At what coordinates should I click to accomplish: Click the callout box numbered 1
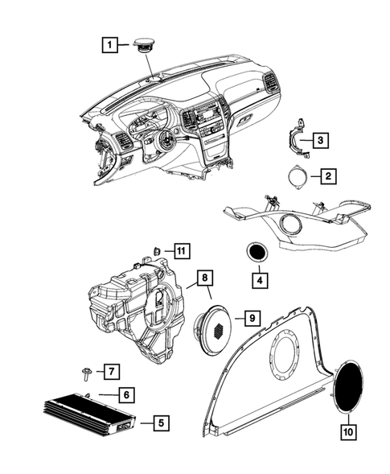pos(109,45)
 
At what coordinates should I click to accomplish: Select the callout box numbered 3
pos(320,140)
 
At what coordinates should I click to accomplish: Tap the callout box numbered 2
pos(328,176)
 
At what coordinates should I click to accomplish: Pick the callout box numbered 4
pos(260,280)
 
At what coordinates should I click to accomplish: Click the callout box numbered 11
pos(183,251)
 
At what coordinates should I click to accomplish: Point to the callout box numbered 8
pos(205,278)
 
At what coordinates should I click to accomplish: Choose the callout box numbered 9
pos(252,318)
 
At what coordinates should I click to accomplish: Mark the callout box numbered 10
pos(348,432)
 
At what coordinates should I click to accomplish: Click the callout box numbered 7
pos(112,371)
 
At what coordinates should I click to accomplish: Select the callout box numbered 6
pos(126,394)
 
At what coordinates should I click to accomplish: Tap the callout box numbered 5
pos(161,423)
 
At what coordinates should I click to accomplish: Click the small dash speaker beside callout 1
pos(145,45)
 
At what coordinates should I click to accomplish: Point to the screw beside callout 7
pos(86,373)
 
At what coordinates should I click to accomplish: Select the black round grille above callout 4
pos(257,252)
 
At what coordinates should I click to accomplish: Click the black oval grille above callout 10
pos(349,386)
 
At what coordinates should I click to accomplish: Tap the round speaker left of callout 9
pos(213,330)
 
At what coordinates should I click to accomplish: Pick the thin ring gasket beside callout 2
pos(298,177)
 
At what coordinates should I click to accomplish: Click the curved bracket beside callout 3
pos(296,138)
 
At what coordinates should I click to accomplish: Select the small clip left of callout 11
pos(157,250)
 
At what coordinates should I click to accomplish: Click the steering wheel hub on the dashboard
pos(166,140)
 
